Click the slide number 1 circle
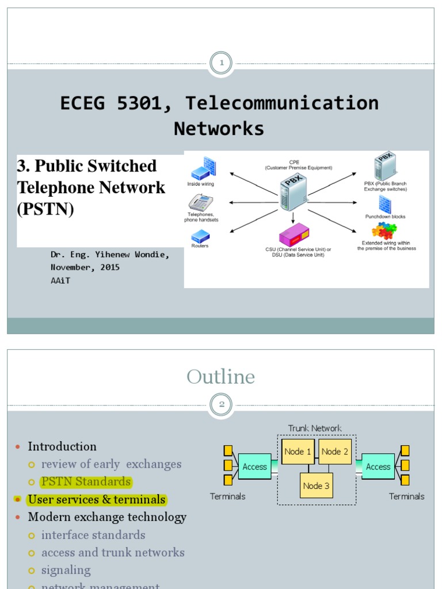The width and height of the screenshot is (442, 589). (x=221, y=63)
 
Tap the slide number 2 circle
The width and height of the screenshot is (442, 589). (x=221, y=404)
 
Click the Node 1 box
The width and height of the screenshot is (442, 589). (x=298, y=452)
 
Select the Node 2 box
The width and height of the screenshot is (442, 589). (x=334, y=452)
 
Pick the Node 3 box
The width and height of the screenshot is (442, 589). (x=316, y=485)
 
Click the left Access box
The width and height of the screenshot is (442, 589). (x=254, y=466)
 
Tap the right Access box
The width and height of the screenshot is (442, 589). (x=378, y=466)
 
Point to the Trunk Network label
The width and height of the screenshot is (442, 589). (x=315, y=428)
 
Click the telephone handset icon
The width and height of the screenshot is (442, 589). (x=201, y=202)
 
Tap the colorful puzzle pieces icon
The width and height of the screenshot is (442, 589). (x=384, y=230)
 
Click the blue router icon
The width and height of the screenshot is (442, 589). (x=200, y=236)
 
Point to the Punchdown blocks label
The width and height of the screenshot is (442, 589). (x=385, y=217)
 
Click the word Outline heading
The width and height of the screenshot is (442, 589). (x=220, y=377)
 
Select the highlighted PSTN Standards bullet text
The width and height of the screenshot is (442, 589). (x=86, y=481)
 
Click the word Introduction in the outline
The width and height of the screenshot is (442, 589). (x=62, y=446)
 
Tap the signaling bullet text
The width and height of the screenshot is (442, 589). (x=66, y=570)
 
